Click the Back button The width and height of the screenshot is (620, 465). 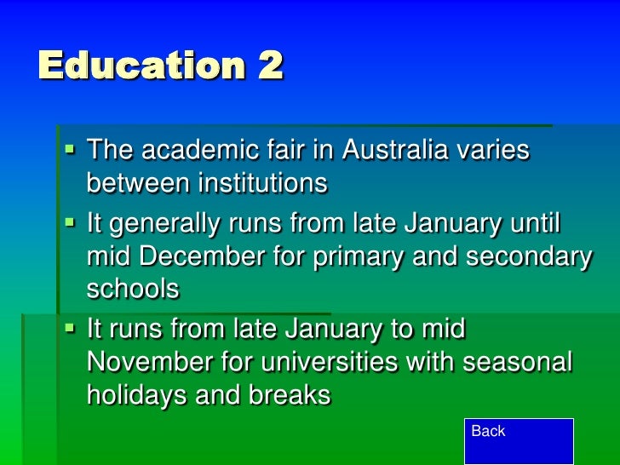pyautogui.click(x=519, y=440)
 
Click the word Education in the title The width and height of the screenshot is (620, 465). pyautogui.click(x=135, y=66)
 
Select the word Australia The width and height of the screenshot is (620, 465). pyautogui.click(x=394, y=151)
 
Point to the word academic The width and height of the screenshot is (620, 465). pyautogui.click(x=197, y=151)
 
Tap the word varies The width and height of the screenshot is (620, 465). pyautogui.click(x=493, y=151)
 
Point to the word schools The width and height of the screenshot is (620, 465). pyautogui.click(x=133, y=289)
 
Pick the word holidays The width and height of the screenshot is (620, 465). pyautogui.click(x=137, y=394)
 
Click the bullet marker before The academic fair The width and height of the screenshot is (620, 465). pyautogui.click(x=71, y=149)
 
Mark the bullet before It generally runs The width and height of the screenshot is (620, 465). pyautogui.click(x=71, y=224)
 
